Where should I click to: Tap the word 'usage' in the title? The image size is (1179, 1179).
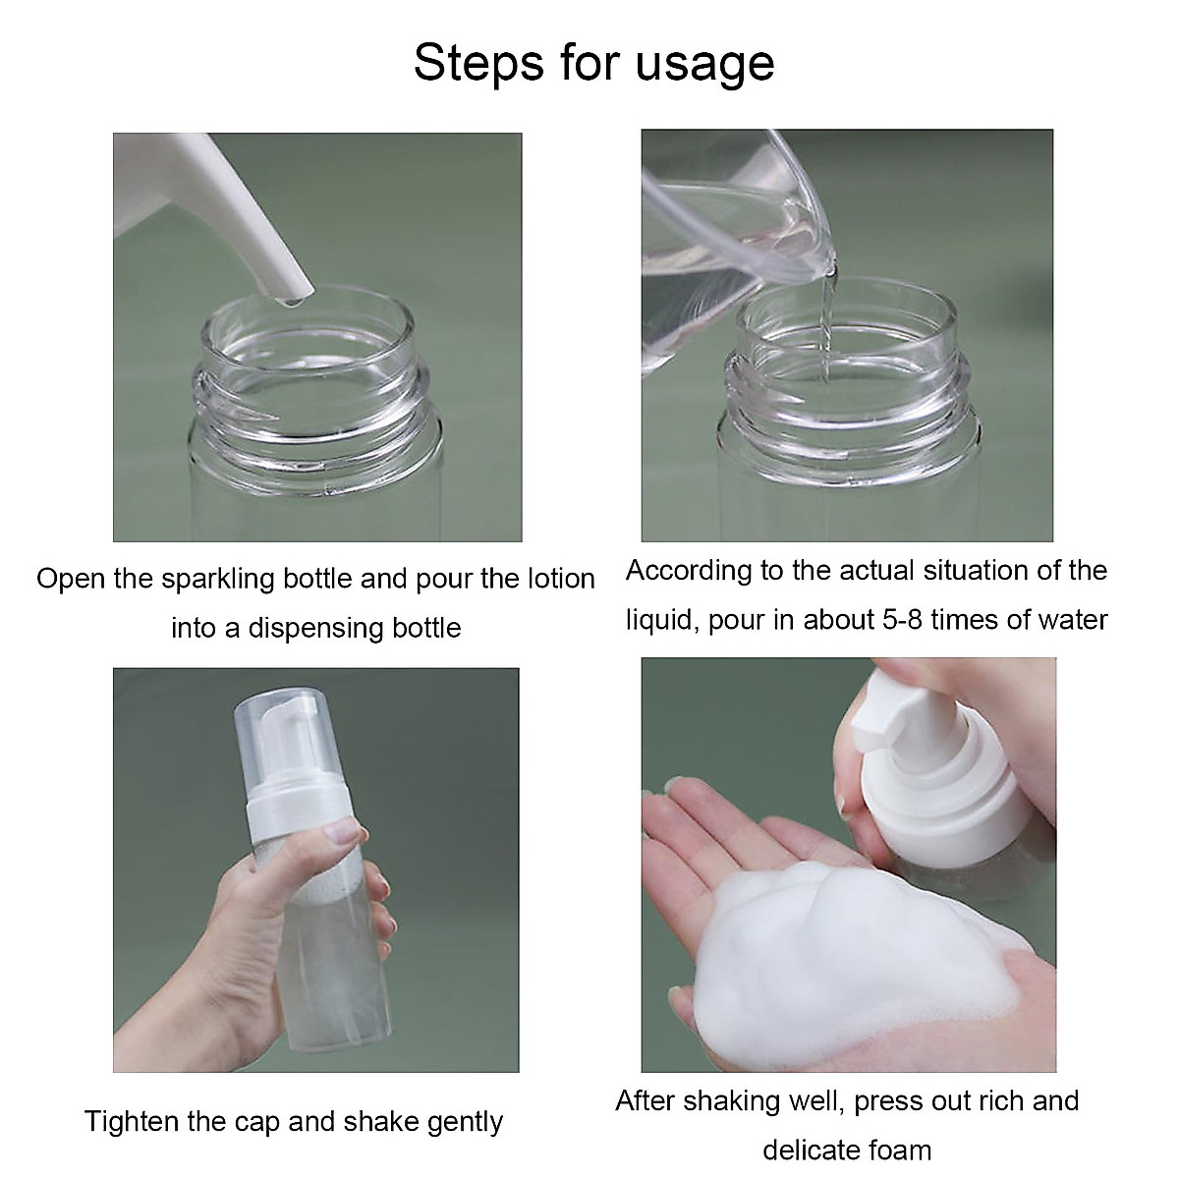point(705,66)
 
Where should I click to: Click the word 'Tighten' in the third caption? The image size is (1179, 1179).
point(132,1121)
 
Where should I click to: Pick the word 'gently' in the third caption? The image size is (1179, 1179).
point(465,1122)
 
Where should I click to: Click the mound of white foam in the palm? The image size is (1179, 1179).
point(845,943)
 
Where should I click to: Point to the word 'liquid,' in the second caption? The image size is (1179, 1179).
point(662,620)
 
